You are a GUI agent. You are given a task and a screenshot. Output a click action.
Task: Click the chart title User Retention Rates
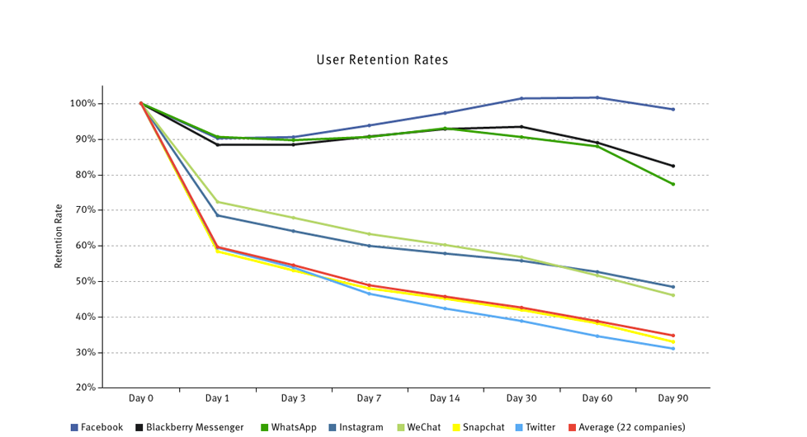(x=382, y=60)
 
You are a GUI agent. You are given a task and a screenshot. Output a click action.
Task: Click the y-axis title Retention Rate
(x=59, y=236)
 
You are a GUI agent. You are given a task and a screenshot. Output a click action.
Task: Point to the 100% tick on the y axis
(x=83, y=104)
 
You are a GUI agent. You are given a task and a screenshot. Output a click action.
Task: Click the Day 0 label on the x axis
(x=141, y=398)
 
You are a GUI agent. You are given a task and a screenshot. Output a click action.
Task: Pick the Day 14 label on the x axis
(x=445, y=398)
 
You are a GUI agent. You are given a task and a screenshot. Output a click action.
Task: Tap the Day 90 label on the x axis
(x=672, y=398)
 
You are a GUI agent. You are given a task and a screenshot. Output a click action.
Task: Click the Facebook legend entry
(x=97, y=427)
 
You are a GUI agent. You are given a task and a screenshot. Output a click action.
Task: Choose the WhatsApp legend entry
(x=288, y=427)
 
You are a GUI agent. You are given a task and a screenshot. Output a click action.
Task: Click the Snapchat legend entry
(x=478, y=427)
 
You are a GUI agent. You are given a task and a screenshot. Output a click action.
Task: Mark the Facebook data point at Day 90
(x=673, y=109)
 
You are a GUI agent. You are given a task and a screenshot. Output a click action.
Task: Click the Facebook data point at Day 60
(x=597, y=97)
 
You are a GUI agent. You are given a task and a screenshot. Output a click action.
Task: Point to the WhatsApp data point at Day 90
(x=673, y=184)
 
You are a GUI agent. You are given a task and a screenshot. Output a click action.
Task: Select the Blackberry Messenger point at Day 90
(x=673, y=166)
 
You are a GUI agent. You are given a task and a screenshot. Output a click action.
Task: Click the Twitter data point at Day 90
(x=673, y=349)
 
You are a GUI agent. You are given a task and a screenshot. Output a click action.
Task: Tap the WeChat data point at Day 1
(x=218, y=202)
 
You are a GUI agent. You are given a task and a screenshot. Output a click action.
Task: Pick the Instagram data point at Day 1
(x=218, y=215)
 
